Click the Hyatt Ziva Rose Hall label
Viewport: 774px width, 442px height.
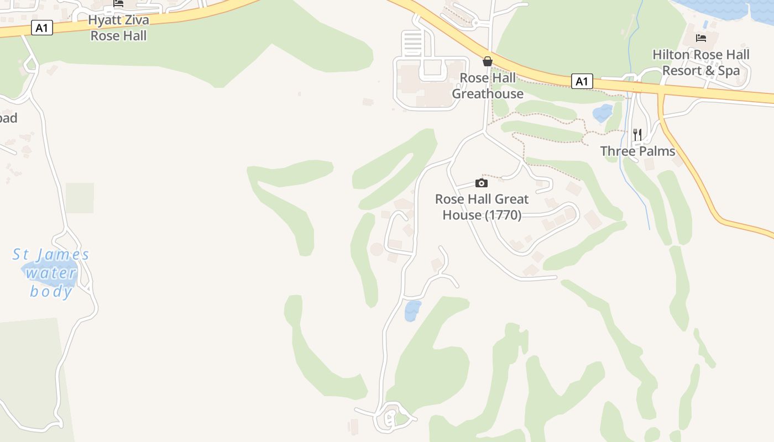point(118,28)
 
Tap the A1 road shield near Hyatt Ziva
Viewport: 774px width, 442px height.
point(42,28)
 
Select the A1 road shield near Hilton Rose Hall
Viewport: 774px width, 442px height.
point(581,82)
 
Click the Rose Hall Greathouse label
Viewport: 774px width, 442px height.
point(488,86)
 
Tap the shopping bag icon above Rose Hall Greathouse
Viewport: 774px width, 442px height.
point(488,61)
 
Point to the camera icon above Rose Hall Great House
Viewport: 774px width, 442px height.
point(482,183)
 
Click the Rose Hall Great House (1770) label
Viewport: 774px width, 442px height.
point(482,207)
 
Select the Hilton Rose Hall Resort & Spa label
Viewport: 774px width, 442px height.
point(701,62)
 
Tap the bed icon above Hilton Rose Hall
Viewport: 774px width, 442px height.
point(701,38)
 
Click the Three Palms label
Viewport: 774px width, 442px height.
point(637,151)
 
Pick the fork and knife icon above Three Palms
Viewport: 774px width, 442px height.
point(637,134)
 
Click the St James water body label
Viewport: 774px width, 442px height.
point(51,273)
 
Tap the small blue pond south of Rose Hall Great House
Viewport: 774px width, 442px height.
point(412,311)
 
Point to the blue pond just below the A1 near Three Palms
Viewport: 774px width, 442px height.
point(603,113)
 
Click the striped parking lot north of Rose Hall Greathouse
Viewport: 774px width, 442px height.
point(412,44)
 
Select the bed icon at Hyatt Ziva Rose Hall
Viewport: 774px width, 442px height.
point(118,3)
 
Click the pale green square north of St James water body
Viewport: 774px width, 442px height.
point(80,198)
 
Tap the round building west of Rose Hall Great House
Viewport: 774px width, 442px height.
point(377,249)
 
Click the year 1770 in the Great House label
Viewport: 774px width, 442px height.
point(503,215)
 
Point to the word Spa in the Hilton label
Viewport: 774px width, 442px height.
point(728,71)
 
